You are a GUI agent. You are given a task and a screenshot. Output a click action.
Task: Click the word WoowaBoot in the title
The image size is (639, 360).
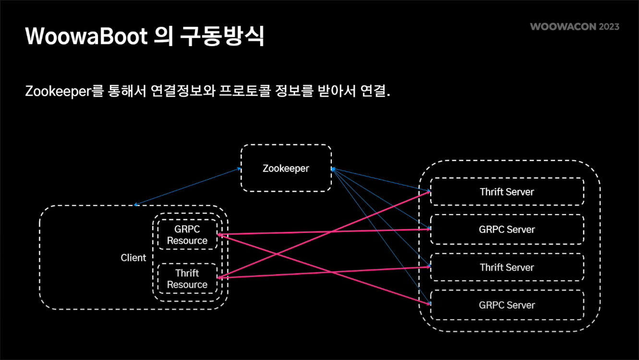tap(86, 36)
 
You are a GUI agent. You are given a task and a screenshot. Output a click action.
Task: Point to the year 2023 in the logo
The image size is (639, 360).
tap(609, 26)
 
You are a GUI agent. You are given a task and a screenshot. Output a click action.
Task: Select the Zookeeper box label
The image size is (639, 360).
tap(286, 168)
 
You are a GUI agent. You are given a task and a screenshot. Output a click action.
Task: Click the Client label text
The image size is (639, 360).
tap(133, 258)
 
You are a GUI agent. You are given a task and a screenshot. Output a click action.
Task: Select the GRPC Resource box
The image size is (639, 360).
tap(187, 235)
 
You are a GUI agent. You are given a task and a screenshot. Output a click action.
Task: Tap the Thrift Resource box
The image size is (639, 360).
tap(187, 279)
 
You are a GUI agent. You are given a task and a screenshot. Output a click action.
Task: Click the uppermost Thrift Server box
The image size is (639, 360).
tap(507, 192)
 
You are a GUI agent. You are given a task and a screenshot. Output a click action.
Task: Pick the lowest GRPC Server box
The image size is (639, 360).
tap(507, 305)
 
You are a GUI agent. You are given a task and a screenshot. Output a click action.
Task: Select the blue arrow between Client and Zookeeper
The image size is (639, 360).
tap(187, 187)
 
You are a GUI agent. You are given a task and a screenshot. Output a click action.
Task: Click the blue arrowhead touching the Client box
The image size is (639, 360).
tap(136, 204)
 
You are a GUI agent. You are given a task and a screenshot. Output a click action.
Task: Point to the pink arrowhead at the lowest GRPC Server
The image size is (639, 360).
tap(428, 303)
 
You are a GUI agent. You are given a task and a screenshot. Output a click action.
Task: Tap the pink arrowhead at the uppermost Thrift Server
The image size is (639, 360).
tap(427, 192)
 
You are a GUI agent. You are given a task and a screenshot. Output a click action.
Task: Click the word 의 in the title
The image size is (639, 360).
tap(163, 36)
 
